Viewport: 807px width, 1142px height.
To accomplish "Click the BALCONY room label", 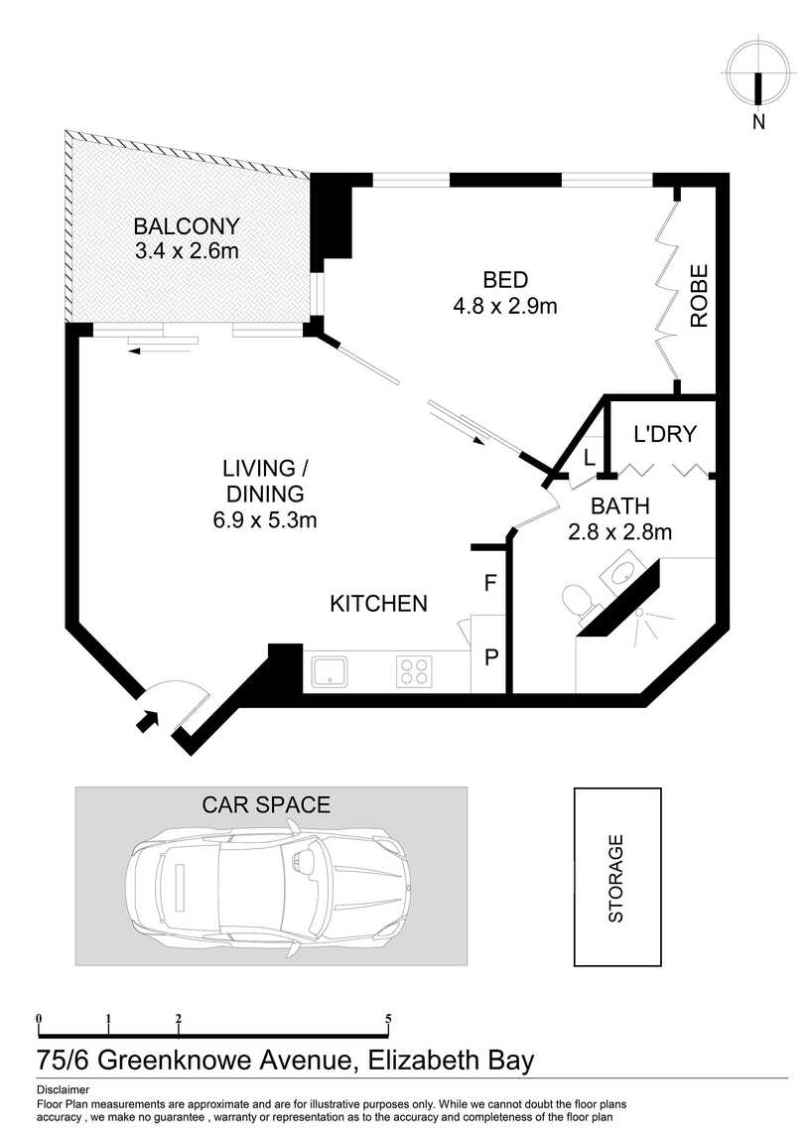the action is coord(187,226).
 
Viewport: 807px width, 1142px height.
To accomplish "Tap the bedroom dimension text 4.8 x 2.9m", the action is coord(505,306).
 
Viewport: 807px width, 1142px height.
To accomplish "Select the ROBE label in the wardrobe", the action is coord(699,296).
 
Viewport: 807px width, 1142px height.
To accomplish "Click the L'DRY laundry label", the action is coord(665,434).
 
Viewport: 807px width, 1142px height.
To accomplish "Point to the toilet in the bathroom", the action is coord(580,604).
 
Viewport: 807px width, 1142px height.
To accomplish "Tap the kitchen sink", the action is coord(330,671).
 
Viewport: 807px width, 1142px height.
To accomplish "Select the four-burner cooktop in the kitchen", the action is coord(414,671).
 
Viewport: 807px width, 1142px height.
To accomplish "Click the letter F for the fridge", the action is coord(490,583).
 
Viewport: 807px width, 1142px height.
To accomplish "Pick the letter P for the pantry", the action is coord(491,657).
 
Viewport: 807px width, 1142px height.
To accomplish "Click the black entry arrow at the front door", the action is coord(148,720).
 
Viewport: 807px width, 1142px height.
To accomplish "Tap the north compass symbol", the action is coord(757,73).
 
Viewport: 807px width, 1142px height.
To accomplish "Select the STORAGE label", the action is coord(616,879).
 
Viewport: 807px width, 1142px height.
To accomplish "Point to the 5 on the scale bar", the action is coord(388,1018).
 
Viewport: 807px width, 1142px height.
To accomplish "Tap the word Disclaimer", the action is coord(63,1090).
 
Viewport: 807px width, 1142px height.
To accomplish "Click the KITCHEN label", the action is coord(378,604).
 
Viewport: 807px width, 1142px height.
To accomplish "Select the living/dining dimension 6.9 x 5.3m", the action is coord(265,520).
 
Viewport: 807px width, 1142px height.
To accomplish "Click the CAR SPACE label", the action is coord(266,804).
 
